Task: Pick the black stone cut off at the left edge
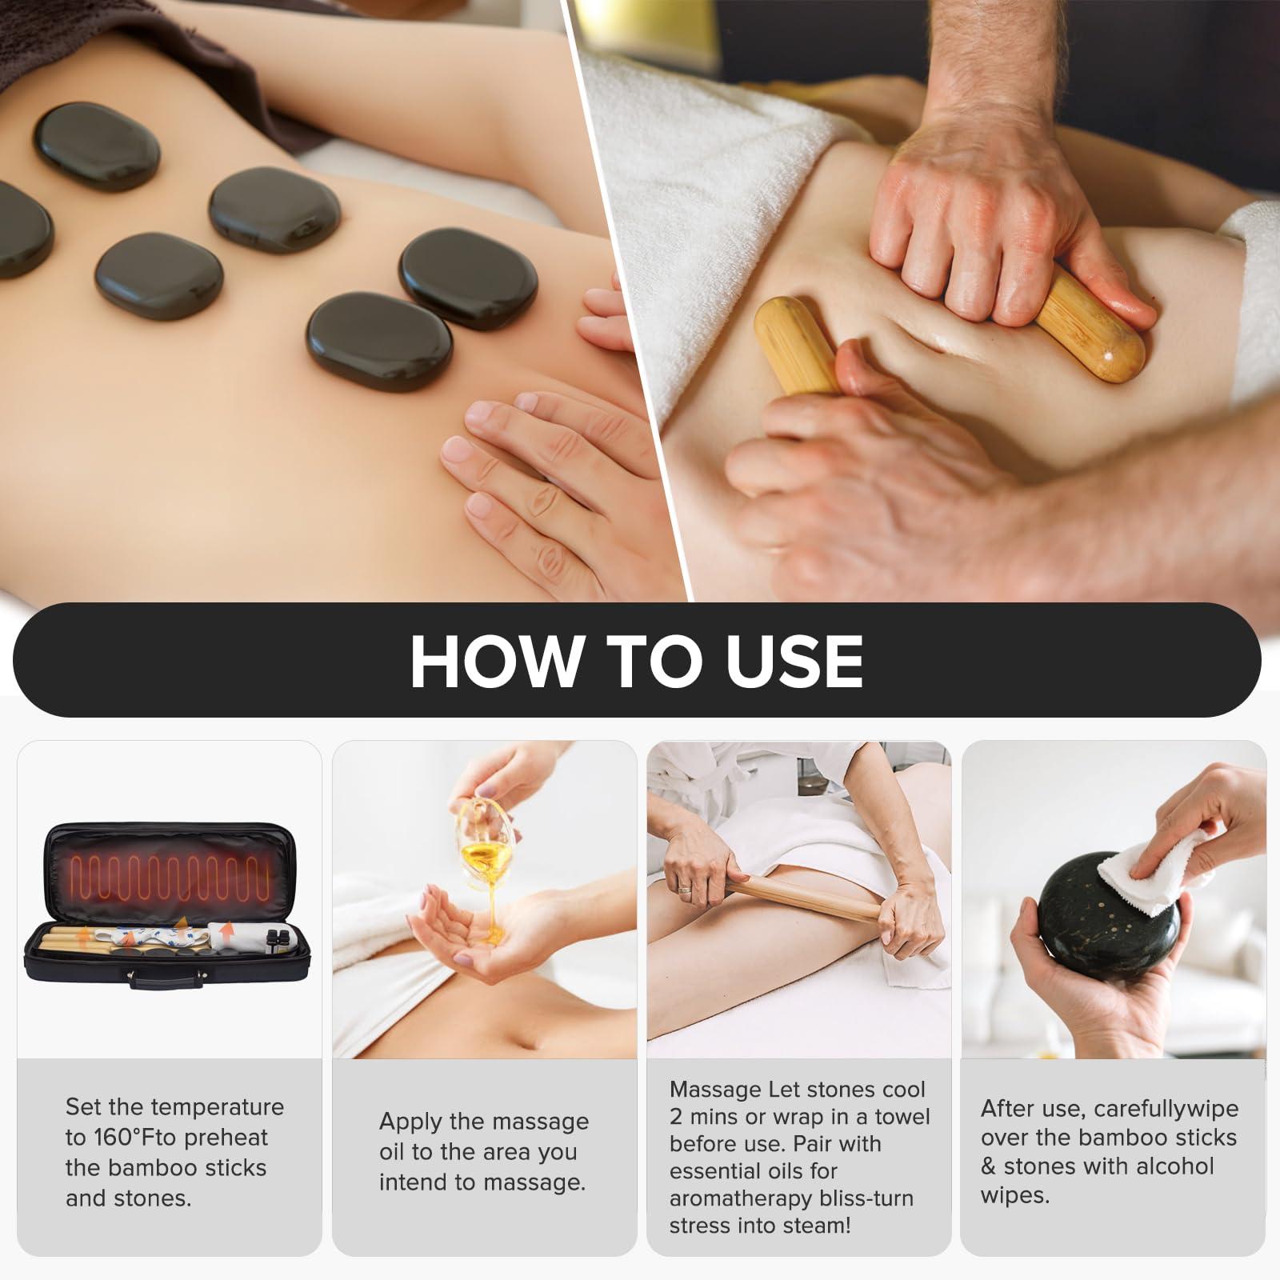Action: click(24, 229)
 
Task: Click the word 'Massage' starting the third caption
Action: click(715, 1090)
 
